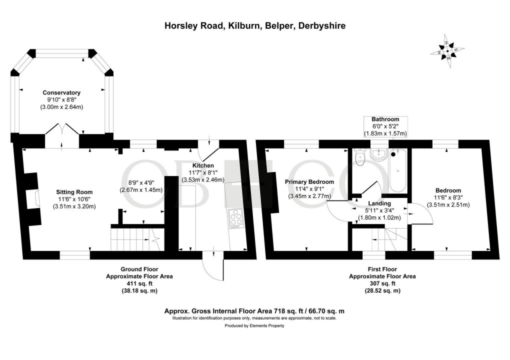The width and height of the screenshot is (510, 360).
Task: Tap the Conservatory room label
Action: point(61,92)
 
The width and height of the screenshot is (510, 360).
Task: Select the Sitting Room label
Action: point(74,192)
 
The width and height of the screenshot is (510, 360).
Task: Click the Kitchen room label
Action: point(203,165)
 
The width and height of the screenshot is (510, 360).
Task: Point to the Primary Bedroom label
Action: point(309,181)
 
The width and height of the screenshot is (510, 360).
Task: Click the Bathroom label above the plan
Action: point(384,119)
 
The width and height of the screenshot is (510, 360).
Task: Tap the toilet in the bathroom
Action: point(359,157)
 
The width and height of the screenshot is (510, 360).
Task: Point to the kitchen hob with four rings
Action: point(235,218)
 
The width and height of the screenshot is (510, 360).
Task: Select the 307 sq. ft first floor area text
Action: point(382,283)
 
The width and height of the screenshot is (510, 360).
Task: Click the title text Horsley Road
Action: point(254,25)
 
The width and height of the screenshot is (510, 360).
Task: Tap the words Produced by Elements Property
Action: point(254,325)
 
